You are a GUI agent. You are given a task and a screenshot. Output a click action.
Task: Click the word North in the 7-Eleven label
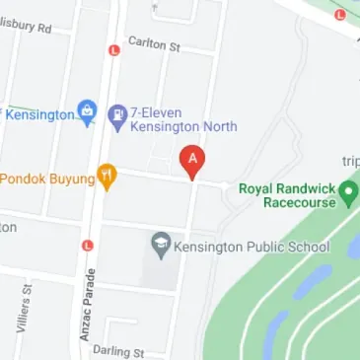(x=216, y=127)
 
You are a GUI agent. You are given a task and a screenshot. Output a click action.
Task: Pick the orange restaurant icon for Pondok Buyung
(x=107, y=178)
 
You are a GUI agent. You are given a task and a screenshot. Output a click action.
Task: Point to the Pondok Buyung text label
(x=45, y=180)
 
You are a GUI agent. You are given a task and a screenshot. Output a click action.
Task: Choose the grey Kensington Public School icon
(x=160, y=242)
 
